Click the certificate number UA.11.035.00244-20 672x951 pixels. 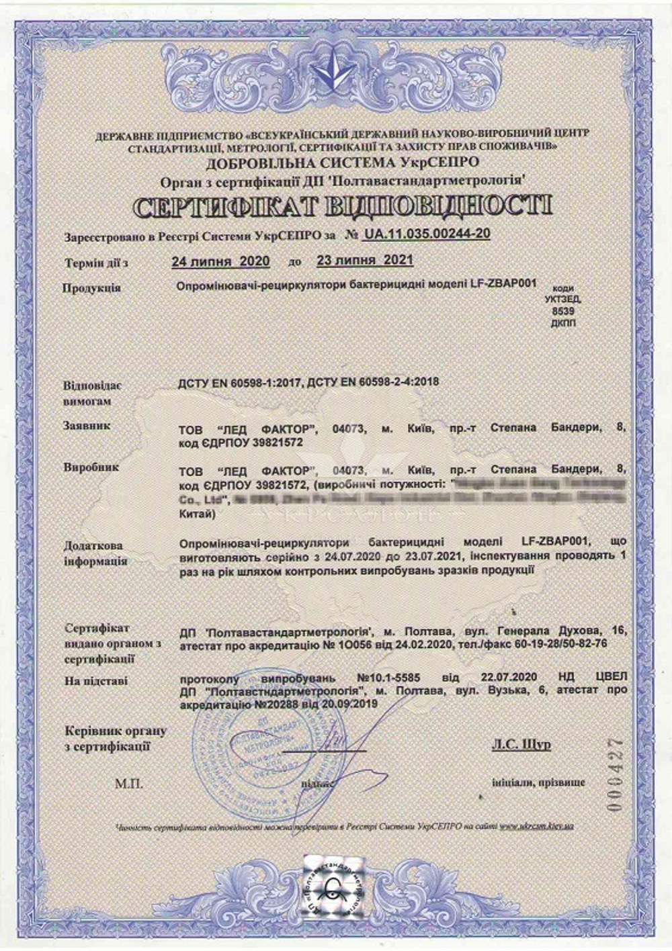[426, 233]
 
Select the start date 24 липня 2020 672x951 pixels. [220, 261]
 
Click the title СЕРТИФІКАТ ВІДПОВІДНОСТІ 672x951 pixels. [343, 207]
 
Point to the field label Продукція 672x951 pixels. [91, 288]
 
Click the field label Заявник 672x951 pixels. [87, 426]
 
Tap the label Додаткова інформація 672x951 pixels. [95, 553]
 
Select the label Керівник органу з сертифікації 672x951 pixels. [114, 738]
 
